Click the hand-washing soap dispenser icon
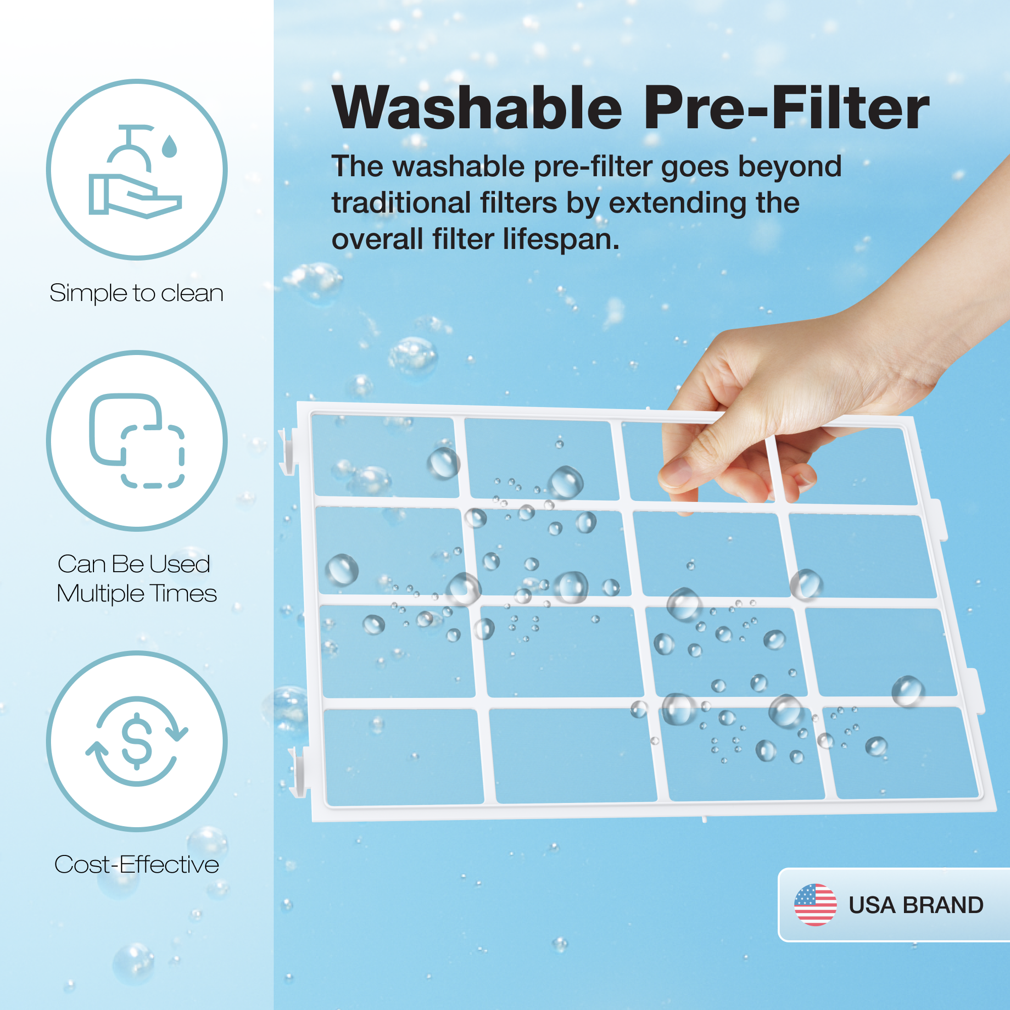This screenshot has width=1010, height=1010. click(x=135, y=172)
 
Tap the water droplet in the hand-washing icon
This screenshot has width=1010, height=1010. click(x=169, y=146)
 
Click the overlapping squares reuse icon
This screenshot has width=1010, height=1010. click(x=137, y=441)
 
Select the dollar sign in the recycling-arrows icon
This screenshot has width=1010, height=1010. click(x=136, y=741)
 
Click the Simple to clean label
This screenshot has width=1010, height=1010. click(x=136, y=293)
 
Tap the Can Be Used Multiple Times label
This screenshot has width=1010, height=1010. click(x=136, y=579)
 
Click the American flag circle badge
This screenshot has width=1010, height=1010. click(x=815, y=905)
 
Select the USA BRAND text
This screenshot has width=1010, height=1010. click(x=916, y=905)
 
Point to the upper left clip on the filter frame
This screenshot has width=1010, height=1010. click(x=287, y=451)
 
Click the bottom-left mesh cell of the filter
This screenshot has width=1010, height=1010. click(x=403, y=756)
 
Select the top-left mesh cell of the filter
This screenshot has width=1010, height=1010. click(x=385, y=456)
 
